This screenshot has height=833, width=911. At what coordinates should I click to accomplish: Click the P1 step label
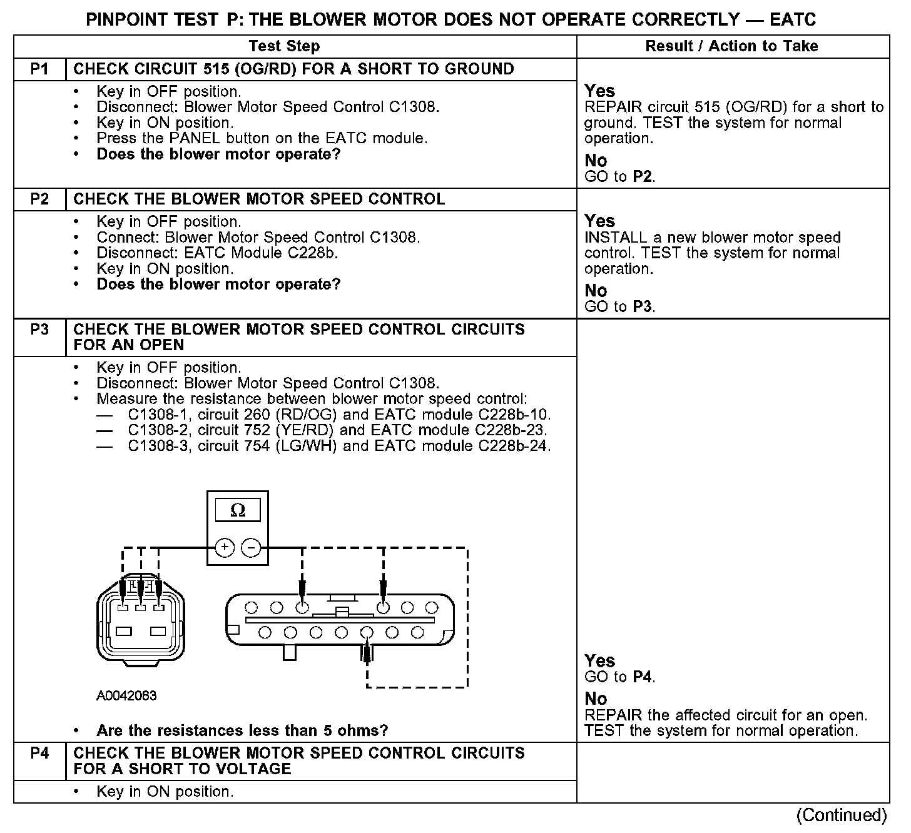39,69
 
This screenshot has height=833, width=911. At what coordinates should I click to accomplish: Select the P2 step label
39,199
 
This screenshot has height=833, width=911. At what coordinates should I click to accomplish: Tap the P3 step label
39,330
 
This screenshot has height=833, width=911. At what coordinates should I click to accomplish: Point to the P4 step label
39,753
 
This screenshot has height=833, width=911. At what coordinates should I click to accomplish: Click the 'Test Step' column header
284,46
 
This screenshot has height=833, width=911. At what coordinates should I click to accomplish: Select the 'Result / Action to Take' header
731,46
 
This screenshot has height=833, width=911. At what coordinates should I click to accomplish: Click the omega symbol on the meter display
238,510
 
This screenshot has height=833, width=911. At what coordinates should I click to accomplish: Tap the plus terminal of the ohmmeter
225,548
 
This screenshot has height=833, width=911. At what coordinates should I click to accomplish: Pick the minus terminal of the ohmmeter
251,548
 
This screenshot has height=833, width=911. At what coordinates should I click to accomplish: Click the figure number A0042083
126,695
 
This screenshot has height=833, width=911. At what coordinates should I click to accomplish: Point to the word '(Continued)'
841,815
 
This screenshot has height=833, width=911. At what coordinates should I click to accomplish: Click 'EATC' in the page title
793,20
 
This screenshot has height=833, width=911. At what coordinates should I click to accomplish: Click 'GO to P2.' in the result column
619,177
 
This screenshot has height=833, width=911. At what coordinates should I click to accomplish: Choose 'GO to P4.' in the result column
619,677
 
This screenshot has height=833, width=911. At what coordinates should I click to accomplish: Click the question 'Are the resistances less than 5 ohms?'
242,730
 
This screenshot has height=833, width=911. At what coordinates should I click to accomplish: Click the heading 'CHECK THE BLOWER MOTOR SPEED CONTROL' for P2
259,199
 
